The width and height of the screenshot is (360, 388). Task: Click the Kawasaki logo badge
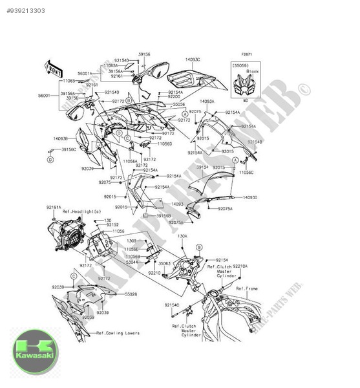tap(34, 351)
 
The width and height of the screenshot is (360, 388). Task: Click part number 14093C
tap(193, 59)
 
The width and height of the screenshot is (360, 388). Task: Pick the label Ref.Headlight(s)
tap(64, 212)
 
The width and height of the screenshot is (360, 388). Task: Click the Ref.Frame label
tap(248, 288)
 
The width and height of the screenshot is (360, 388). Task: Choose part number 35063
tap(164, 264)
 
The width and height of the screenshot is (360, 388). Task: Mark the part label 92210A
tap(240, 266)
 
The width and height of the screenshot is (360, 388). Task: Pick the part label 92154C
tap(171, 305)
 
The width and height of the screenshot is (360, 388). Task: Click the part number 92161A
tap(54, 207)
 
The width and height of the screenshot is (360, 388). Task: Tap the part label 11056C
tap(246, 173)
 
